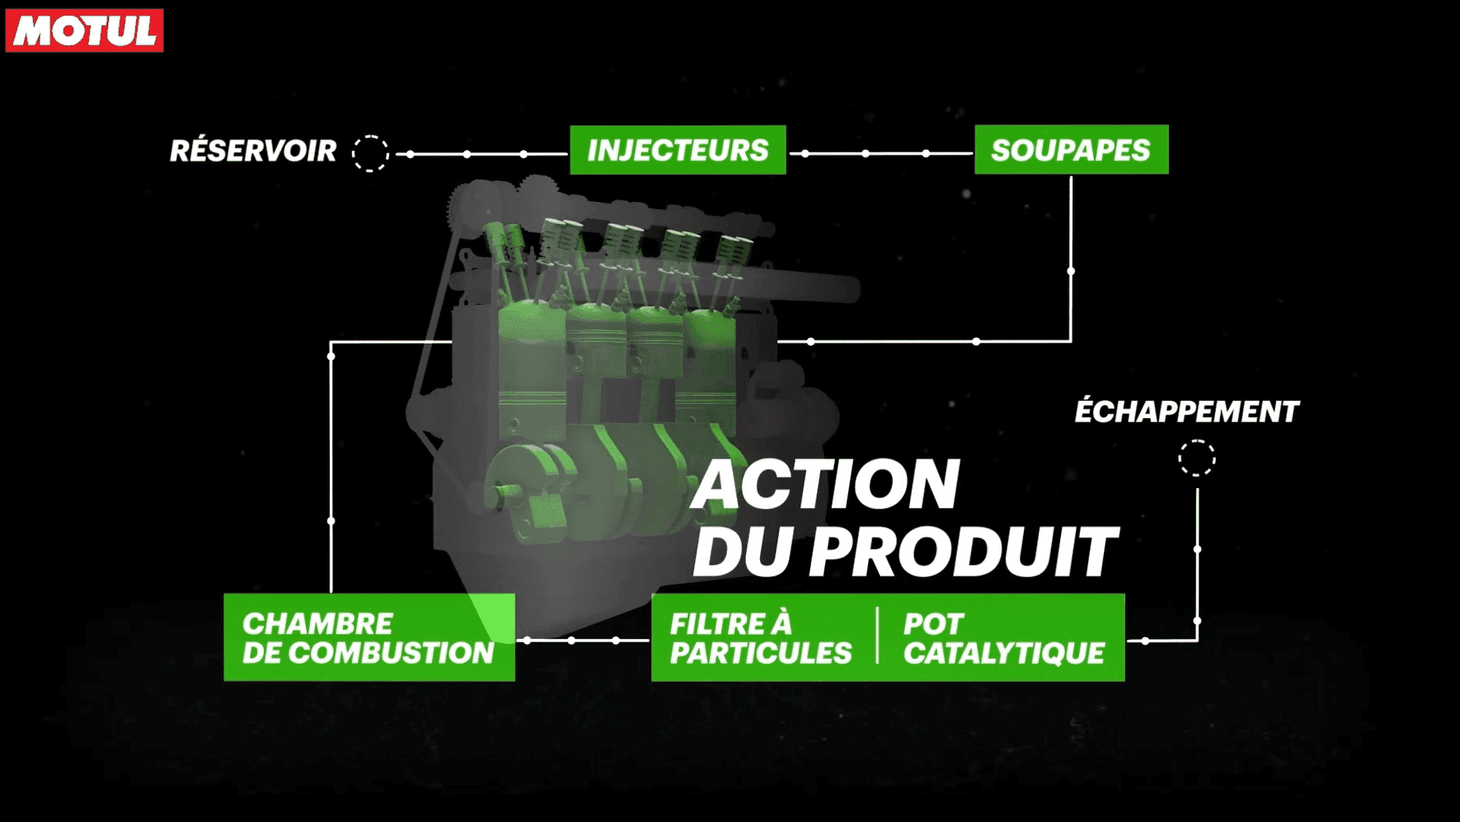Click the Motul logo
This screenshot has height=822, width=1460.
[x=85, y=31]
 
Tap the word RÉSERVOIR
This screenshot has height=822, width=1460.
[x=253, y=151]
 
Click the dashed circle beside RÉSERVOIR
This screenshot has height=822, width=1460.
[x=370, y=153]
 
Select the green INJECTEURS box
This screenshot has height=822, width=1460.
[x=678, y=150]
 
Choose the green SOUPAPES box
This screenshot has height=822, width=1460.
[x=1071, y=150]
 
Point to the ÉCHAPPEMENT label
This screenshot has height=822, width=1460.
[x=1186, y=411]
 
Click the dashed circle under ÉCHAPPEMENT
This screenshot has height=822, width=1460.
[x=1197, y=458]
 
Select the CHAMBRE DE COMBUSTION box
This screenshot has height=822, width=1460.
[x=369, y=637]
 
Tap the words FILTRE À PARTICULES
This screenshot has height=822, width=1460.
[x=760, y=638]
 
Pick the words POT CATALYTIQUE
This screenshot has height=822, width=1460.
[x=1003, y=638]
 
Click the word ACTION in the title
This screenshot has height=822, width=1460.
[x=826, y=485]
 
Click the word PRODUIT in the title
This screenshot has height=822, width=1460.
[x=963, y=552]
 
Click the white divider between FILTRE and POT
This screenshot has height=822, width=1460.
[x=877, y=636]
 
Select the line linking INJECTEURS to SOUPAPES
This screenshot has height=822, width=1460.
[x=880, y=153]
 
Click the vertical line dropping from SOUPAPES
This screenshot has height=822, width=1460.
[x=1071, y=257]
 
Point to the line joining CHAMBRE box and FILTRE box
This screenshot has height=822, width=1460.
[x=583, y=640]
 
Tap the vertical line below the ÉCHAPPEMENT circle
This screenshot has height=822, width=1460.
[x=1197, y=564]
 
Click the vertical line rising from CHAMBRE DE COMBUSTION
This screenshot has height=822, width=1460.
[x=331, y=467]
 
